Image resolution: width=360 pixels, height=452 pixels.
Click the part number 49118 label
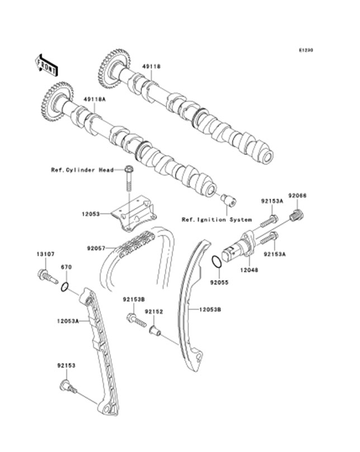[150, 66]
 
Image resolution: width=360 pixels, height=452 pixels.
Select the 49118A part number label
[94, 100]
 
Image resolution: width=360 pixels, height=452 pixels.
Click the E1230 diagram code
[305, 50]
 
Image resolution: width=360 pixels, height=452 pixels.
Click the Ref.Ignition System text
[216, 219]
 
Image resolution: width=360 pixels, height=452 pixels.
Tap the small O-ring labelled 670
[65, 288]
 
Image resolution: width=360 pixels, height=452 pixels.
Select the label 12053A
[67, 321]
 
